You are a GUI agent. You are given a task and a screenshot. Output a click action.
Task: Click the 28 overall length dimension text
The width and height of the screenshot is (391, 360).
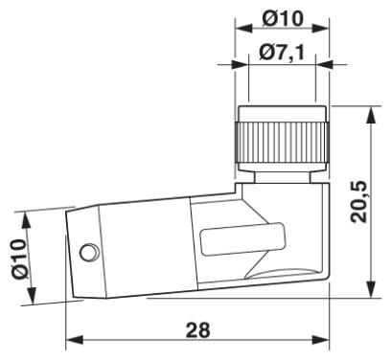(x=198, y=330)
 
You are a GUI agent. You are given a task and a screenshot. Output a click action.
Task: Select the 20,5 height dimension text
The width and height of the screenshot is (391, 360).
(x=358, y=202)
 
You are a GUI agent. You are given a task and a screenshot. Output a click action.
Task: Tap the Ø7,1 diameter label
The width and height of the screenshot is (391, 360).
(x=282, y=53)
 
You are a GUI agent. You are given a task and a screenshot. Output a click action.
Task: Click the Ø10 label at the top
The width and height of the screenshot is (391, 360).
(x=283, y=18)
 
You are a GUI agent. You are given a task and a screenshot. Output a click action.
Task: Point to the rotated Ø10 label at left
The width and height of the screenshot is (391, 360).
(x=19, y=259)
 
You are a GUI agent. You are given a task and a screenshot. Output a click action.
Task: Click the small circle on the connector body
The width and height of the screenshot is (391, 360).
(x=89, y=253)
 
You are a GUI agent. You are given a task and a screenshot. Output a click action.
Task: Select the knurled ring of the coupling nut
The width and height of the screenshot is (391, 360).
(x=282, y=143)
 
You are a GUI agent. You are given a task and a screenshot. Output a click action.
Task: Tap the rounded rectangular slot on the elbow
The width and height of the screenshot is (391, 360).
(x=242, y=239)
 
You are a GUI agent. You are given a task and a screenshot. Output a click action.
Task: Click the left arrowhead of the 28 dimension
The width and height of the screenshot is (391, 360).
(x=75, y=340)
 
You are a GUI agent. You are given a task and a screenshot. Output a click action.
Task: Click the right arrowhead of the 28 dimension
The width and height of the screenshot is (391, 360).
(x=320, y=340)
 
